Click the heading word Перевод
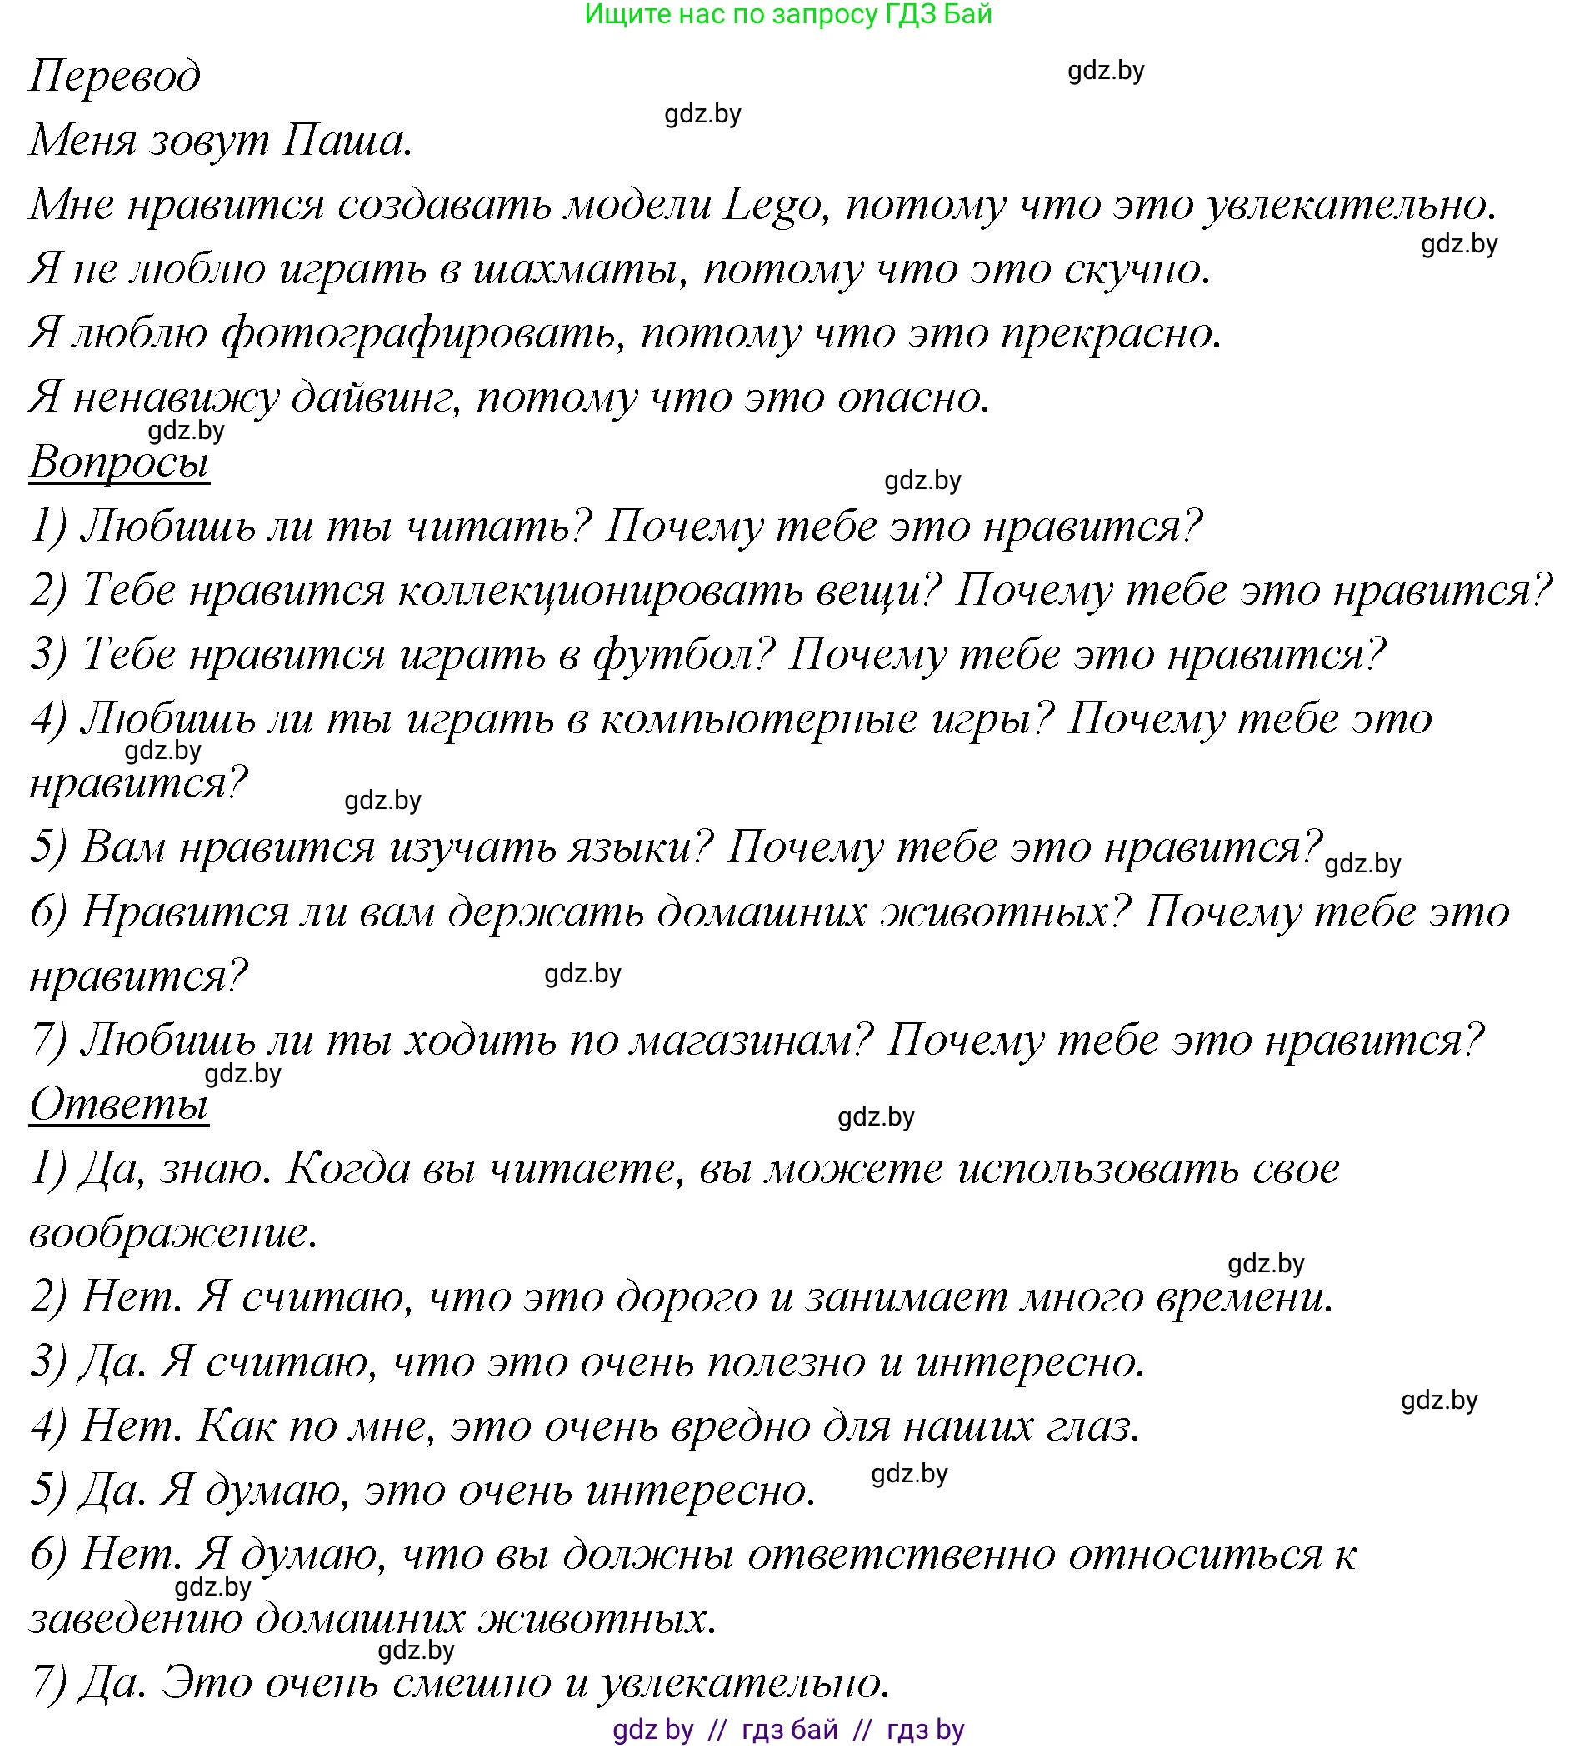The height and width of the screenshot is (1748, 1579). click(114, 77)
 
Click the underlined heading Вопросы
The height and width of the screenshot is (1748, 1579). click(119, 461)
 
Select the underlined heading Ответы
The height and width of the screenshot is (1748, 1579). click(119, 1104)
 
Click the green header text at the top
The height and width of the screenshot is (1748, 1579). click(787, 14)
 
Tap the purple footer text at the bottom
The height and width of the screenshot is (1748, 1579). click(787, 1730)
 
